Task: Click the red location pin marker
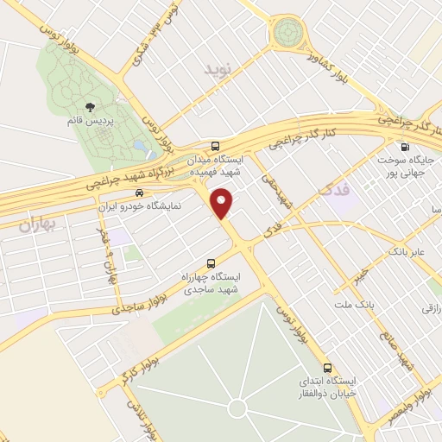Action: pos(224,203)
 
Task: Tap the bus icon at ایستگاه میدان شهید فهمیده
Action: pos(215,146)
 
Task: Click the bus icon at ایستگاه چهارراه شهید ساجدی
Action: pos(211,263)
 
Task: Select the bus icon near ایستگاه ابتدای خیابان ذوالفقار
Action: pos(327,366)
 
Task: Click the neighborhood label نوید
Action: pos(219,68)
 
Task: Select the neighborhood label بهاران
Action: pos(35,226)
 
